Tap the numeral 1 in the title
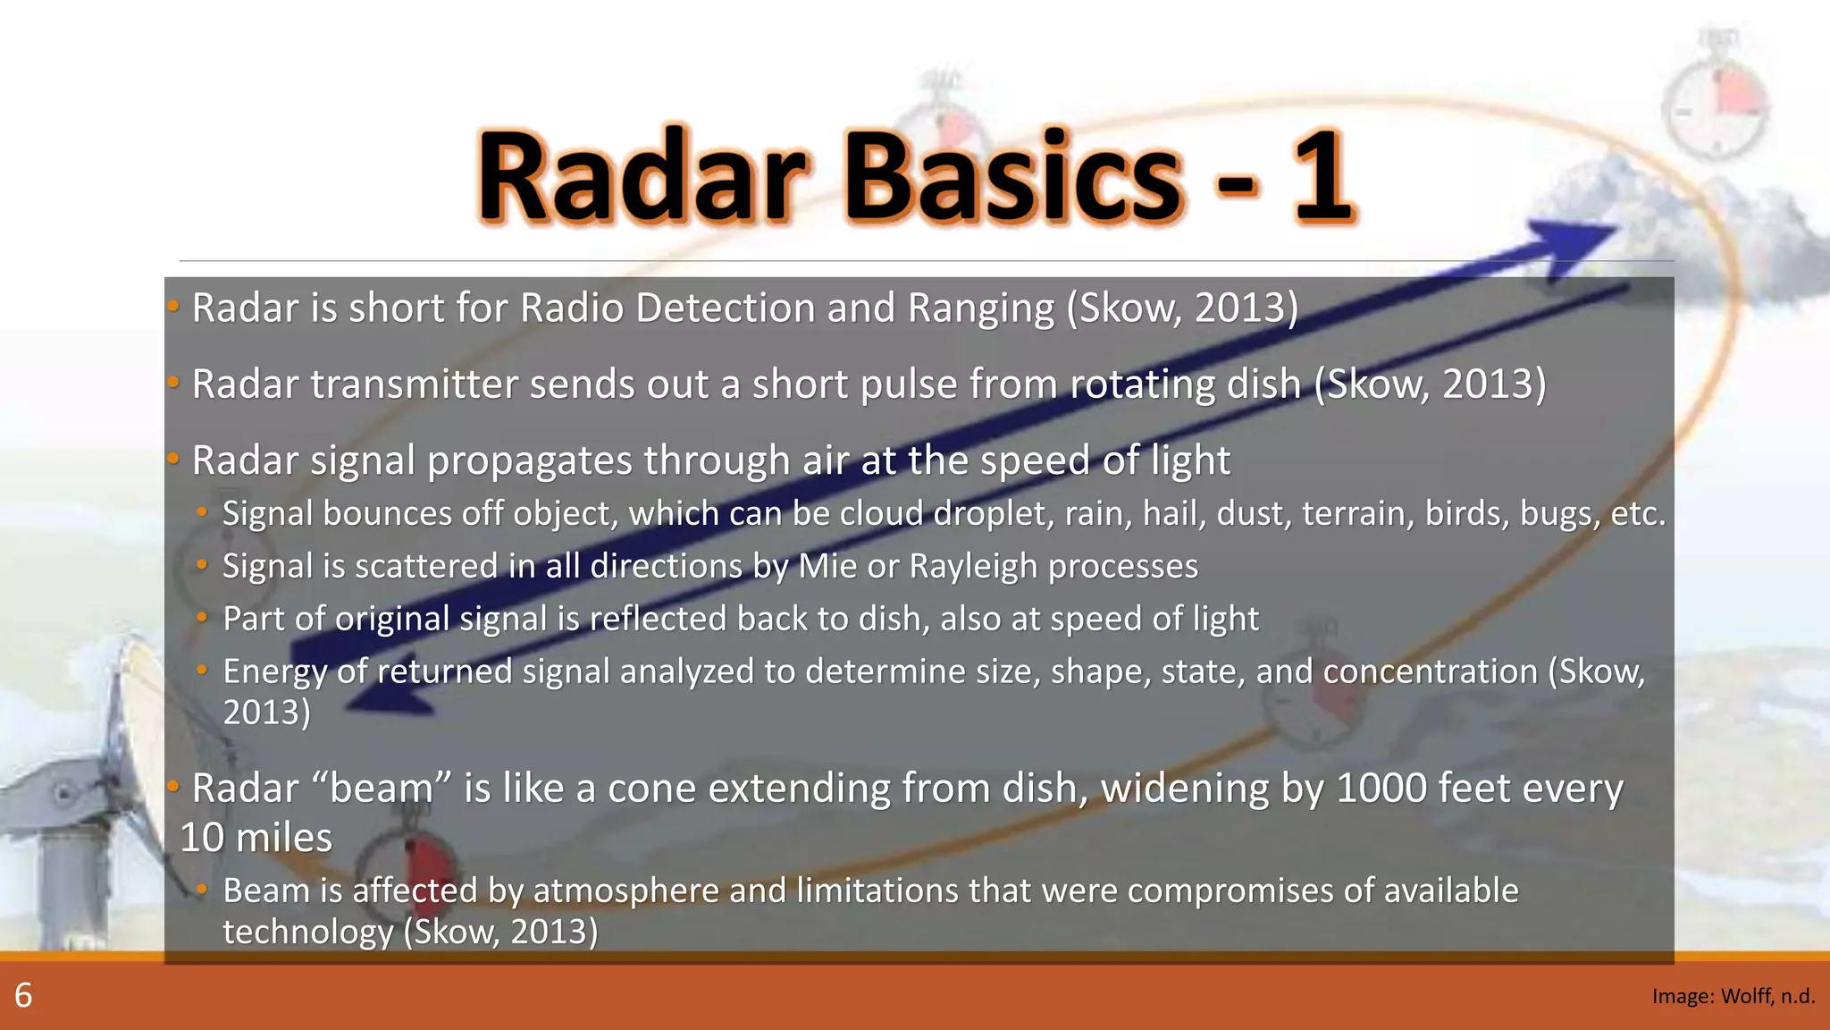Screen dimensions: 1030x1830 (x=1321, y=177)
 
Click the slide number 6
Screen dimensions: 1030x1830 (x=23, y=995)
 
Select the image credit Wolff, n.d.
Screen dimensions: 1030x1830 (x=1733, y=996)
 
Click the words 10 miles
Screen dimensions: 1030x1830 (x=256, y=839)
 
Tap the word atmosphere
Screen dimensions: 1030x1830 (x=625, y=891)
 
